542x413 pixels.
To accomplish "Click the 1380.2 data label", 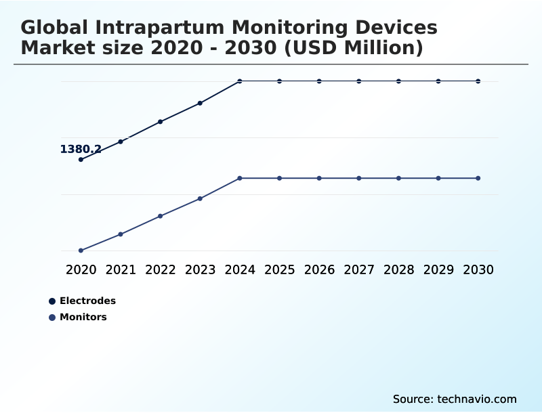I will [x=81, y=150].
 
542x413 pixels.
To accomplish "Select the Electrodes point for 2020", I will [x=81, y=160].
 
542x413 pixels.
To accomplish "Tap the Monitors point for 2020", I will [x=81, y=251].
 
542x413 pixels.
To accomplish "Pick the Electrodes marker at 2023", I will [x=200, y=103].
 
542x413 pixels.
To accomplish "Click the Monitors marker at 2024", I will [x=240, y=178].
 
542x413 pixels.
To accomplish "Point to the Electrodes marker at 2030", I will [x=478, y=81].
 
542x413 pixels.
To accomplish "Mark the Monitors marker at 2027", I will [x=359, y=178].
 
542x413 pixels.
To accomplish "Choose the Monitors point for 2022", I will [x=161, y=216].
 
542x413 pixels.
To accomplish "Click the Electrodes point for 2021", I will [x=121, y=142].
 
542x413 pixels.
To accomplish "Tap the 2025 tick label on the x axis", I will [x=279, y=269].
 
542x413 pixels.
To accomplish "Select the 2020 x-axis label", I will [x=81, y=269].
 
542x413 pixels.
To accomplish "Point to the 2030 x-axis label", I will [x=478, y=269].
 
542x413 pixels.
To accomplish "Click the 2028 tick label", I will [x=398, y=269].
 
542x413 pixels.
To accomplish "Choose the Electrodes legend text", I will [x=87, y=301].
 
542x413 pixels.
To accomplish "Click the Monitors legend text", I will [x=83, y=317].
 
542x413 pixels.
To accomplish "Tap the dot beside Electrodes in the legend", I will [x=52, y=301].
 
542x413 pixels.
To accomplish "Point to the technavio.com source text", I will [x=477, y=399].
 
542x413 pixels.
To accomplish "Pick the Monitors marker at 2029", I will [x=438, y=178].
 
